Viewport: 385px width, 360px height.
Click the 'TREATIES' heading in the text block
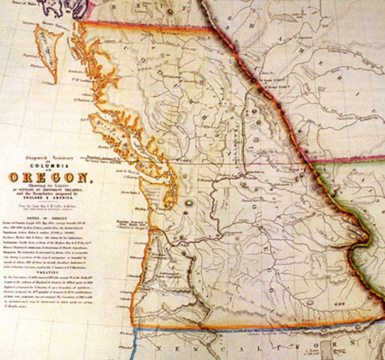[x=47, y=272]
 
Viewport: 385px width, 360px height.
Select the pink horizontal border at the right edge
[x=353, y=159]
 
